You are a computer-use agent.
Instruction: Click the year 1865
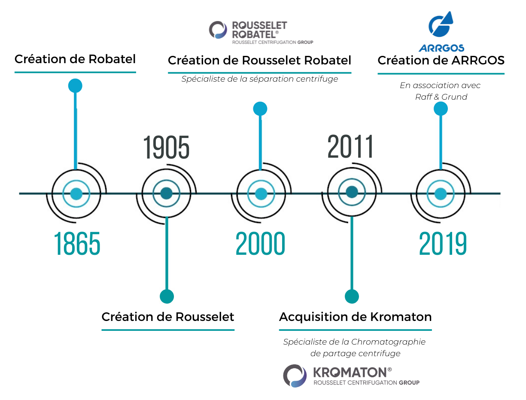coord(77,243)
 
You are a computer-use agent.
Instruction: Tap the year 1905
coord(166,147)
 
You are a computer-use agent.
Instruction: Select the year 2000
coord(261,243)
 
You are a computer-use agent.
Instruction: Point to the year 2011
coord(350,146)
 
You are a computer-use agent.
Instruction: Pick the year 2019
coord(443,243)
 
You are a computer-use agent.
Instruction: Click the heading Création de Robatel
coord(75,59)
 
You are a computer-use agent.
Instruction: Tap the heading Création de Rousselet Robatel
coord(259,60)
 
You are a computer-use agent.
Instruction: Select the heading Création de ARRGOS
coord(441,60)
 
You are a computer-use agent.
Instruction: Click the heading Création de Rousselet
coord(168,317)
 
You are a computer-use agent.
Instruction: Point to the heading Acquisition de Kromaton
coord(356,317)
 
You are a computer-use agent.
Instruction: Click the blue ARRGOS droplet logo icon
coord(441,24)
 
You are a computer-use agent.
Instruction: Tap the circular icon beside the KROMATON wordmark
coord(295,376)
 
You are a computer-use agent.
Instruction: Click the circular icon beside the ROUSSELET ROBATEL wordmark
coord(218,30)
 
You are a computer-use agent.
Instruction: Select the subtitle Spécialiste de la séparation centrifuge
coord(259,79)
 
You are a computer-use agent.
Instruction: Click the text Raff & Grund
coord(441,97)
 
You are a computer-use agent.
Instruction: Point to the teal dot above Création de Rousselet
coord(167,296)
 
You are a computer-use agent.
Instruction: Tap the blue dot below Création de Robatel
coord(75,85)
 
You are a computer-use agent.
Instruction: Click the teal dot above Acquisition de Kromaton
coord(352,296)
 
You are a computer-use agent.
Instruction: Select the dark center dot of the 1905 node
coord(166,193)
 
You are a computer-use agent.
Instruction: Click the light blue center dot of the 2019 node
coord(441,194)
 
